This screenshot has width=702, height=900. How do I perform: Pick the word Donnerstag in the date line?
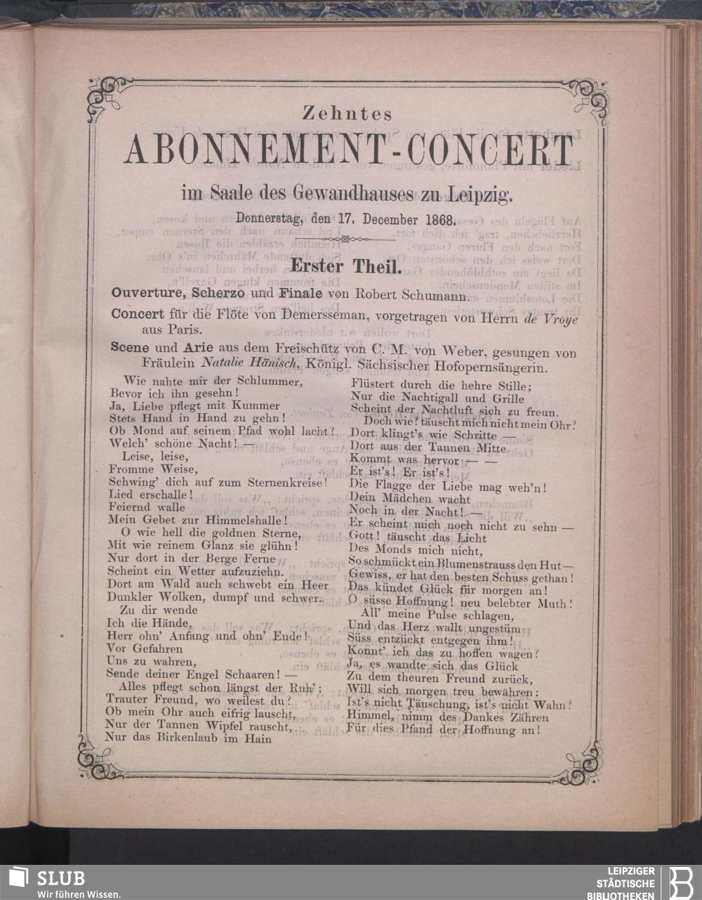pos(267,219)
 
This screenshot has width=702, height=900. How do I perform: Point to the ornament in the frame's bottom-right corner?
pos(582,762)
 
